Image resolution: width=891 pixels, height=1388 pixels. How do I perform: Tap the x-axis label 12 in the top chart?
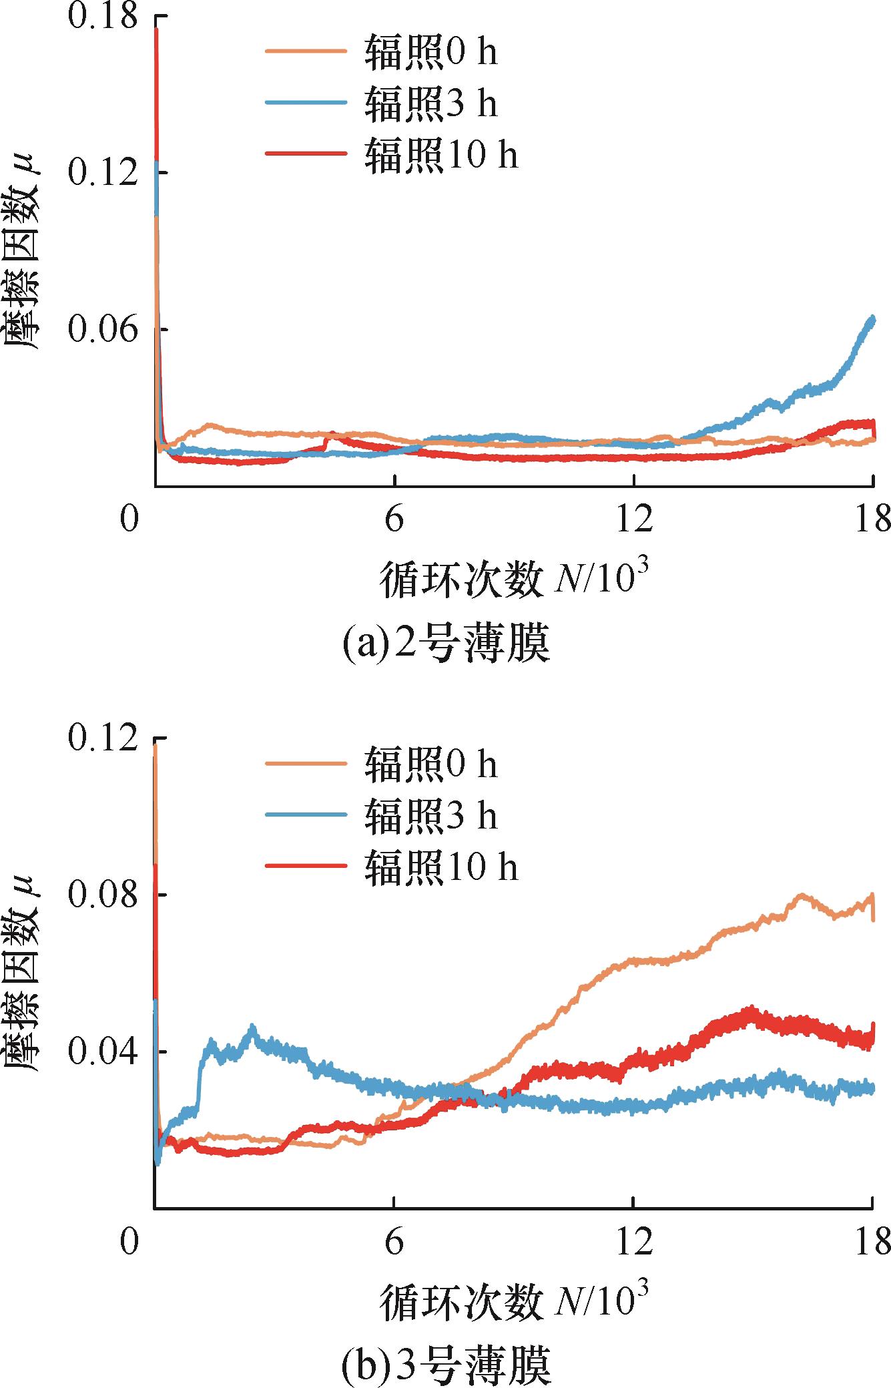point(633,519)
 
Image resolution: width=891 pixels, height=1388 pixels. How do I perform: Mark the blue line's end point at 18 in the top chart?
point(872,319)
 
